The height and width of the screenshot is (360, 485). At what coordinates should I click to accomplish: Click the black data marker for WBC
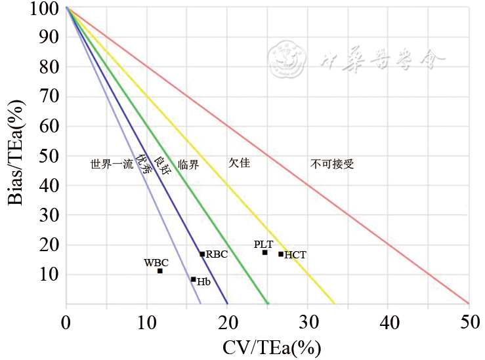(x=159, y=271)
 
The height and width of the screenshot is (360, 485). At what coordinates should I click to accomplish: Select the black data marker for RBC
(x=202, y=254)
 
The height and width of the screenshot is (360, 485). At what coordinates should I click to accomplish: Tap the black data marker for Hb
(x=193, y=279)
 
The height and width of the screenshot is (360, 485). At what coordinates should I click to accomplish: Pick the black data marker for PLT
(x=264, y=252)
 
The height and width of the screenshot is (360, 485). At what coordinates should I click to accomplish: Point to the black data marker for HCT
(x=281, y=254)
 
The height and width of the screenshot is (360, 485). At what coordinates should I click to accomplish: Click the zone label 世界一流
(x=112, y=165)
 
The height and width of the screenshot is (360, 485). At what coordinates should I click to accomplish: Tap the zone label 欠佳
(x=240, y=161)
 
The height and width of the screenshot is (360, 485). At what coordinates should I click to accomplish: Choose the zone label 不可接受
(x=332, y=164)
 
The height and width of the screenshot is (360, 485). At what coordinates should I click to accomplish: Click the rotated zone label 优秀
(x=144, y=169)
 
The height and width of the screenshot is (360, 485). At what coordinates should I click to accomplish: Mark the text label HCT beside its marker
(x=295, y=255)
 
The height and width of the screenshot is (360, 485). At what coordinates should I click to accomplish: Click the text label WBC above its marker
(x=156, y=262)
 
